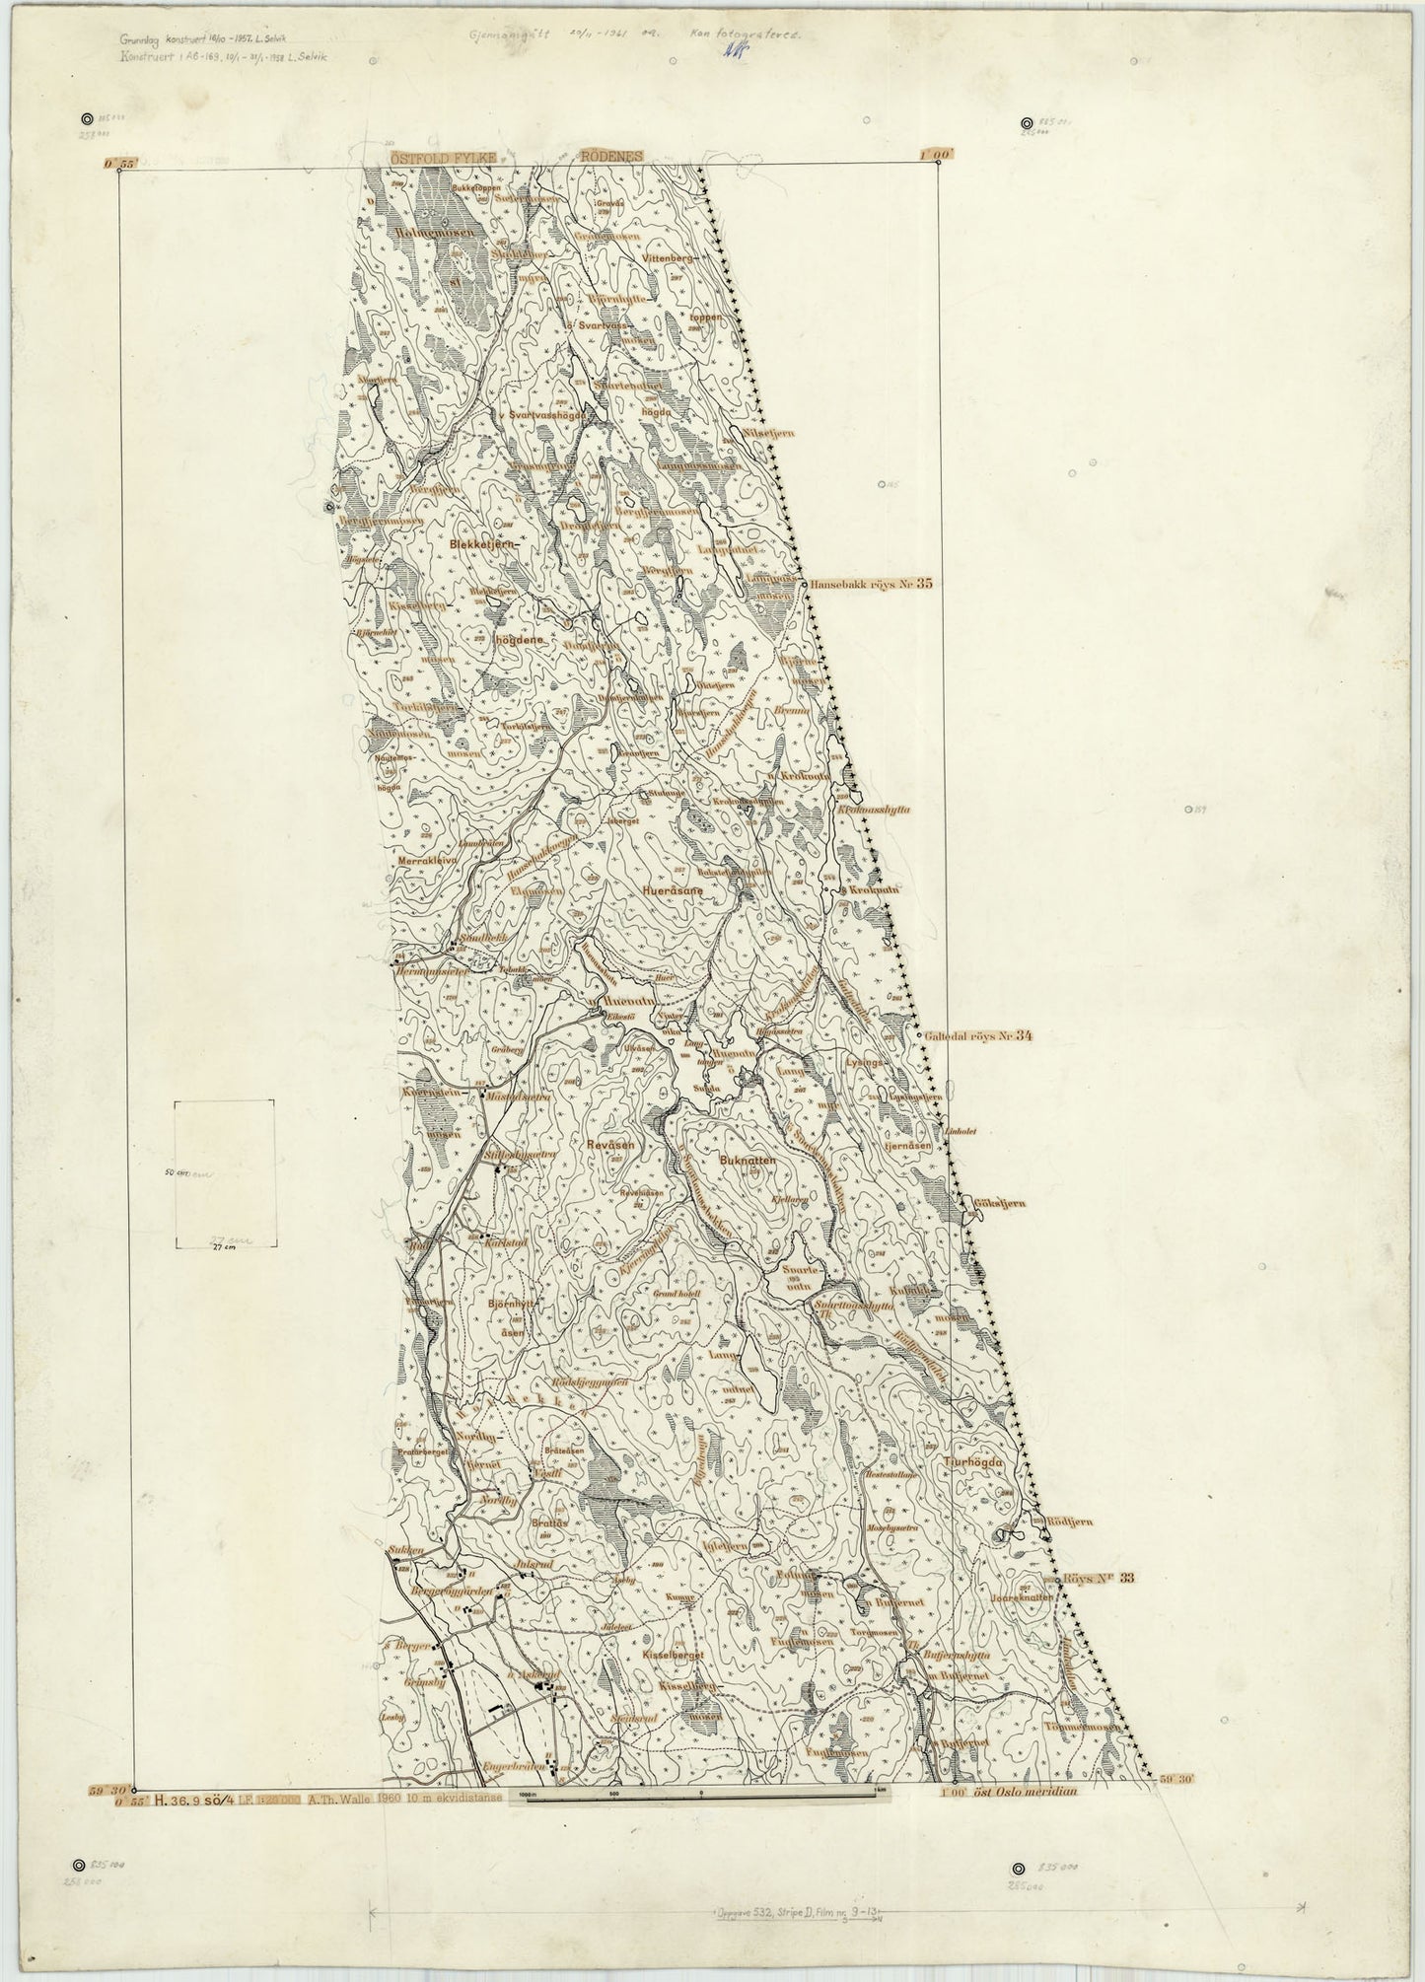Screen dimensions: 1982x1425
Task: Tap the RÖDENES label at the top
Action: tap(611, 156)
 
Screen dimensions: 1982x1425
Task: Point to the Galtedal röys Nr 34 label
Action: tap(978, 1036)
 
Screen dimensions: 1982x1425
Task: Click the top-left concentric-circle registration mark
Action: tap(89, 117)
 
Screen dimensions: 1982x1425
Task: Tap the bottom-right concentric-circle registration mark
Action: tap(1022, 1869)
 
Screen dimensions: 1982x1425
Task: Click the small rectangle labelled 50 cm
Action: tap(224, 1172)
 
